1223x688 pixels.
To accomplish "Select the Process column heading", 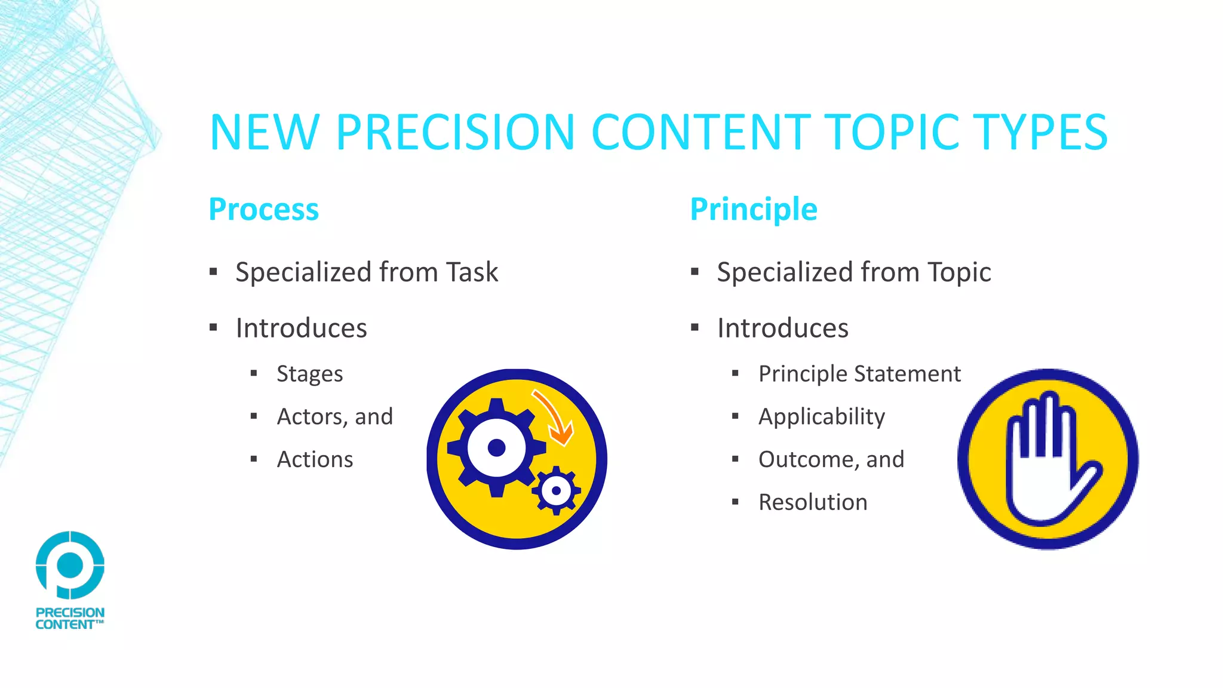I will (x=263, y=210).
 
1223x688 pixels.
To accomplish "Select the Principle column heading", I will (x=753, y=210).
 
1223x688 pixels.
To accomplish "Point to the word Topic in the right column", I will (x=959, y=272).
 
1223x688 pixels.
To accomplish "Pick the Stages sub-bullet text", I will (x=309, y=374).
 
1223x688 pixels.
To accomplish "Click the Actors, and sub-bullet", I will (x=334, y=417).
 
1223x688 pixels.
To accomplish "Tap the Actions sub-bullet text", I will (x=315, y=459).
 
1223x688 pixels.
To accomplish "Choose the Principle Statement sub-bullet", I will (x=859, y=374).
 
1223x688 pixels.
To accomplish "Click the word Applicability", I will (x=821, y=417).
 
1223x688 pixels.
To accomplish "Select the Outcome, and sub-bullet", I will (x=831, y=459).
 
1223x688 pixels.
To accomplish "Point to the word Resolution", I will (x=812, y=502).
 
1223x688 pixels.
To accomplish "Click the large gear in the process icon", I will (x=496, y=447).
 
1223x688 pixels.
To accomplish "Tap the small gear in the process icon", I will (x=557, y=491).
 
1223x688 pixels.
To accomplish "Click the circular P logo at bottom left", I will (x=70, y=565).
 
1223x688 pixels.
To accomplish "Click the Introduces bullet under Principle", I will (x=782, y=328).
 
